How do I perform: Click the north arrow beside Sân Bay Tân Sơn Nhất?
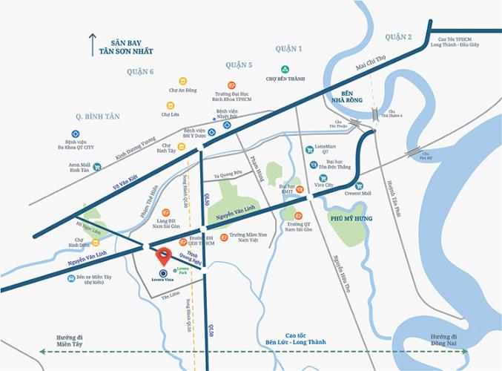click(x=93, y=45)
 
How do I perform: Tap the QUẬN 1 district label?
click(x=289, y=49)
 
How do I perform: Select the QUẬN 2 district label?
click(x=398, y=36)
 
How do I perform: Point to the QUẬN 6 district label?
click(x=140, y=71)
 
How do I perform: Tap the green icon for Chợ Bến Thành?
click(x=274, y=69)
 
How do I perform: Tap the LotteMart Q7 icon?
click(x=310, y=148)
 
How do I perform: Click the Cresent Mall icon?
click(x=359, y=185)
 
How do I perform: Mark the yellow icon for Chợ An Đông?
click(x=182, y=80)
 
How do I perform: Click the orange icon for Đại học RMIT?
click(x=300, y=190)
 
